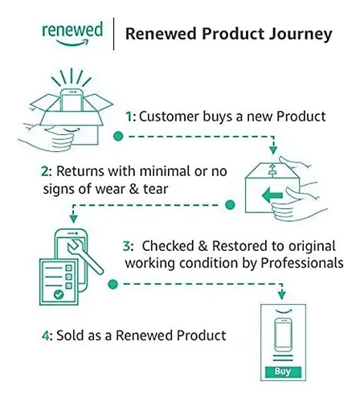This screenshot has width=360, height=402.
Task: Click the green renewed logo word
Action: tap(72, 30)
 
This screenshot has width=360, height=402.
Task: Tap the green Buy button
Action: tap(283, 371)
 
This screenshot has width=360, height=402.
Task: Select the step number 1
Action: tap(129, 117)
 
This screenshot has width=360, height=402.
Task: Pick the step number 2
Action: tap(45, 171)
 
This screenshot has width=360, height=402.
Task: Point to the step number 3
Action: tap(127, 246)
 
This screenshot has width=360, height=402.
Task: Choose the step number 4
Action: tap(45, 335)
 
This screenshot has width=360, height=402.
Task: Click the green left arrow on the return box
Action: tap(272, 195)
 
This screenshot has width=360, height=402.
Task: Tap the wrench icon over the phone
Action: tap(84, 256)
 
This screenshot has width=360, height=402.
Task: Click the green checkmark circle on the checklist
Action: tap(59, 294)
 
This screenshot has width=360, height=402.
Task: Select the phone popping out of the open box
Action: tap(72, 100)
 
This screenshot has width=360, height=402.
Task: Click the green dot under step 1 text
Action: tap(118, 136)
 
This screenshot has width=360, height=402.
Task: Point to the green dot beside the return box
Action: tap(230, 205)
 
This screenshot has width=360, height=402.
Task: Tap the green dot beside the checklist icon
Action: tap(113, 284)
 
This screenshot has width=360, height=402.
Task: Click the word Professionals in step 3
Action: tap(302, 263)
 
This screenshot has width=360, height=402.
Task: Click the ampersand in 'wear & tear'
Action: tap(133, 189)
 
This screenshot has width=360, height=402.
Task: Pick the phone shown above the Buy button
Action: tap(284, 334)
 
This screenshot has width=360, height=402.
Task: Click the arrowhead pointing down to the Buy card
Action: tap(281, 294)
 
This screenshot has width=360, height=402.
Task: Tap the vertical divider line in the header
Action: tap(113, 34)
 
